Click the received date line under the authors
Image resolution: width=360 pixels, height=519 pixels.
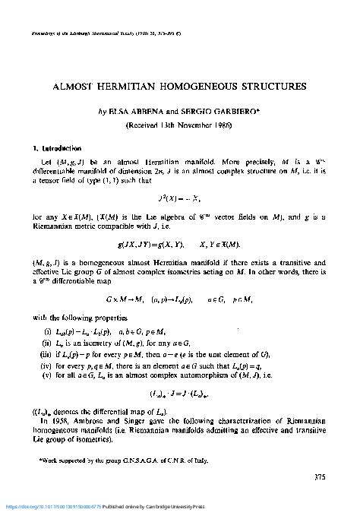[179, 125]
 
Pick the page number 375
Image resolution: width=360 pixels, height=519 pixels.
[320, 477]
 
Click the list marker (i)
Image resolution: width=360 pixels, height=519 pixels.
[48, 334]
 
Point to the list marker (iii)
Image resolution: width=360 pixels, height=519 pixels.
[45, 354]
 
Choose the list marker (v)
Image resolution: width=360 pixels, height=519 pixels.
[46, 375]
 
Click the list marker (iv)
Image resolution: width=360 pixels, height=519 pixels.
[46, 365]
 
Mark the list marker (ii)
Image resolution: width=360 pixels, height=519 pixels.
[47, 344]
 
